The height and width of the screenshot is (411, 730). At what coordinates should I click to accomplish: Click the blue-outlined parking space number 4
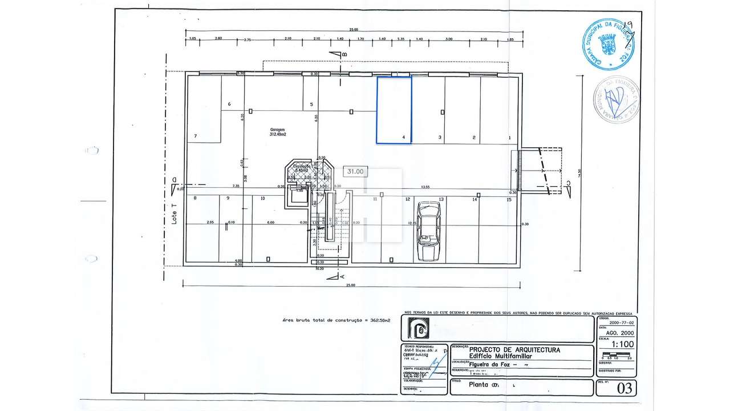(394, 110)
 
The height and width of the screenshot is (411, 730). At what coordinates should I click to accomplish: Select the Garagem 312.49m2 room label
(278, 132)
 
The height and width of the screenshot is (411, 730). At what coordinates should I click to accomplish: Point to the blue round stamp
(609, 45)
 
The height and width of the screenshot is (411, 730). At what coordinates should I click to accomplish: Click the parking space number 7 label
(196, 136)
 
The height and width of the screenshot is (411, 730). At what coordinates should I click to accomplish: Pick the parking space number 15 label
(508, 199)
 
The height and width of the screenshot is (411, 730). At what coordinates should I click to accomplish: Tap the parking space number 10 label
(262, 199)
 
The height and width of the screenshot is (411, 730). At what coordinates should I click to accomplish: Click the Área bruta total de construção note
(336, 321)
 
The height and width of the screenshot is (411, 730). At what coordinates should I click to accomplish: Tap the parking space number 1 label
(509, 138)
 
